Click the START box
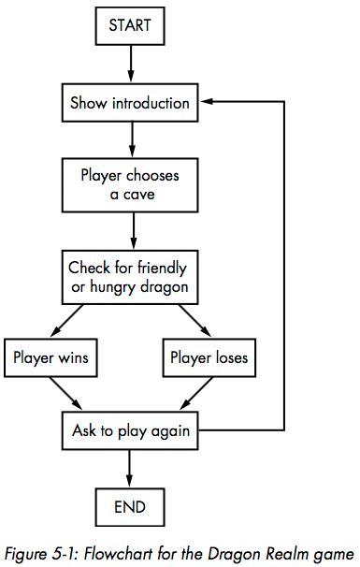coord(131,27)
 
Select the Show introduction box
coord(131,103)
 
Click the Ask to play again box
coord(131,432)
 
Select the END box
coord(131,507)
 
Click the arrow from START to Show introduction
coord(131,65)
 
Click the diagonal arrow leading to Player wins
coord(78,320)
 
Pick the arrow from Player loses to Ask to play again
coord(190,393)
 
